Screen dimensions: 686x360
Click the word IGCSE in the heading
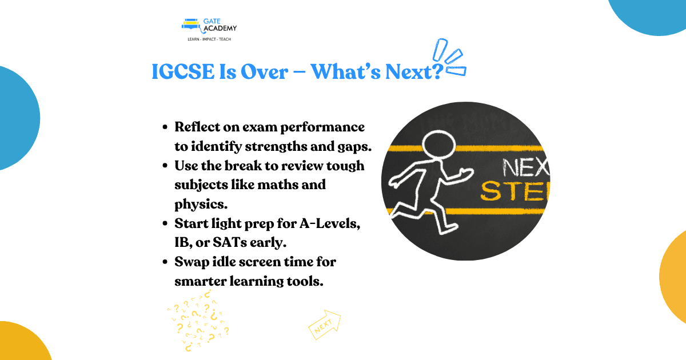(183, 71)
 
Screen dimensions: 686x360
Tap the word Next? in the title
(414, 71)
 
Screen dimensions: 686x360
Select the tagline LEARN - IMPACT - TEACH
(209, 39)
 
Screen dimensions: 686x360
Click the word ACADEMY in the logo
(220, 29)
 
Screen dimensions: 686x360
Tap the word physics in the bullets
(201, 204)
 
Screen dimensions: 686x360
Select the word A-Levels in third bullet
(329, 223)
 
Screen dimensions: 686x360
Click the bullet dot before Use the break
(165, 166)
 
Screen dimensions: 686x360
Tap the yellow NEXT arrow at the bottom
(325, 325)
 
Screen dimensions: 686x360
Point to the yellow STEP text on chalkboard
(515, 191)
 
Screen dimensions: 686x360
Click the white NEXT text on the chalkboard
(526, 167)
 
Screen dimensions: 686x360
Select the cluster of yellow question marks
(198, 320)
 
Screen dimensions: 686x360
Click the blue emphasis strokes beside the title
(449, 57)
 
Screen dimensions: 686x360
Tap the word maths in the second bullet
(277, 185)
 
